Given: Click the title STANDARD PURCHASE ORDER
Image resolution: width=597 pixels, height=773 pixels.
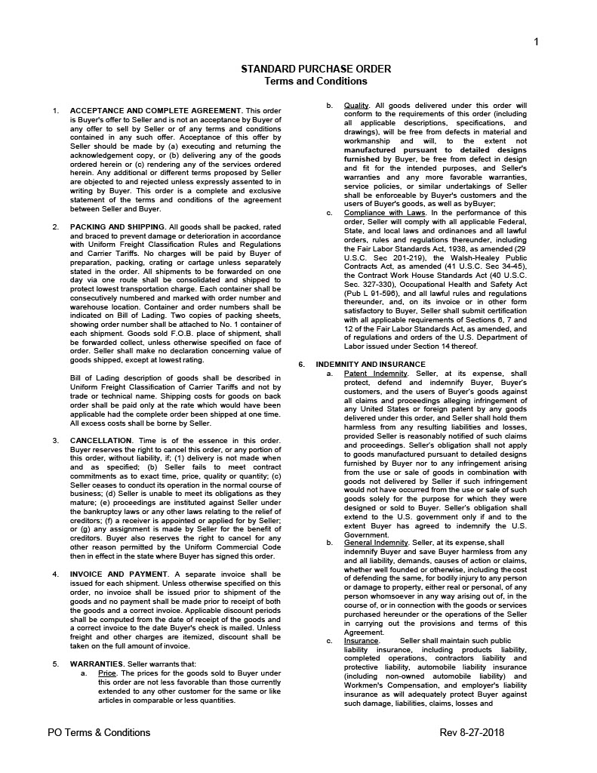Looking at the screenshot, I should pos(315,69).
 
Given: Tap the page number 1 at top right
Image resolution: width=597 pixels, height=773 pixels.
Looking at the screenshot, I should pos(536,42).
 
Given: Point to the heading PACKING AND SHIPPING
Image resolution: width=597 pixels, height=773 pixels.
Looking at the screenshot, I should pos(117,226).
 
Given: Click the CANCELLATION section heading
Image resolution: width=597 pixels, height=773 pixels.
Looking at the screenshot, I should pos(101,440).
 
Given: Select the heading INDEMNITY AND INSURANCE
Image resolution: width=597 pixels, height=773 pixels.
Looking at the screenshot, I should pos(360,364).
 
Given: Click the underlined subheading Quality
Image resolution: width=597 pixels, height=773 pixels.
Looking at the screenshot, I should pos(355,105).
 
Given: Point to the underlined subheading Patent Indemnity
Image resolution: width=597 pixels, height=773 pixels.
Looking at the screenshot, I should pos(375,374).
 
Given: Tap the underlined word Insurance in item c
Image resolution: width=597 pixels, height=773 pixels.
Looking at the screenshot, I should pos(361,641).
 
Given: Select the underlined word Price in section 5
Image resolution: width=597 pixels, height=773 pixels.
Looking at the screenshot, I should pos(107,673).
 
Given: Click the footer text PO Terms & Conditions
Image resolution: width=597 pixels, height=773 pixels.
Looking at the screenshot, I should pos(99,732).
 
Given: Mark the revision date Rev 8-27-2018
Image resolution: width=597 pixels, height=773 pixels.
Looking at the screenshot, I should pos(472,732).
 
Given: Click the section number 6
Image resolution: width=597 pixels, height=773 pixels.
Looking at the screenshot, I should pos(300,364).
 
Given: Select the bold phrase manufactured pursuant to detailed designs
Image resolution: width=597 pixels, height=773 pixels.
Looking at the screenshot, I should pos(435,150).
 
